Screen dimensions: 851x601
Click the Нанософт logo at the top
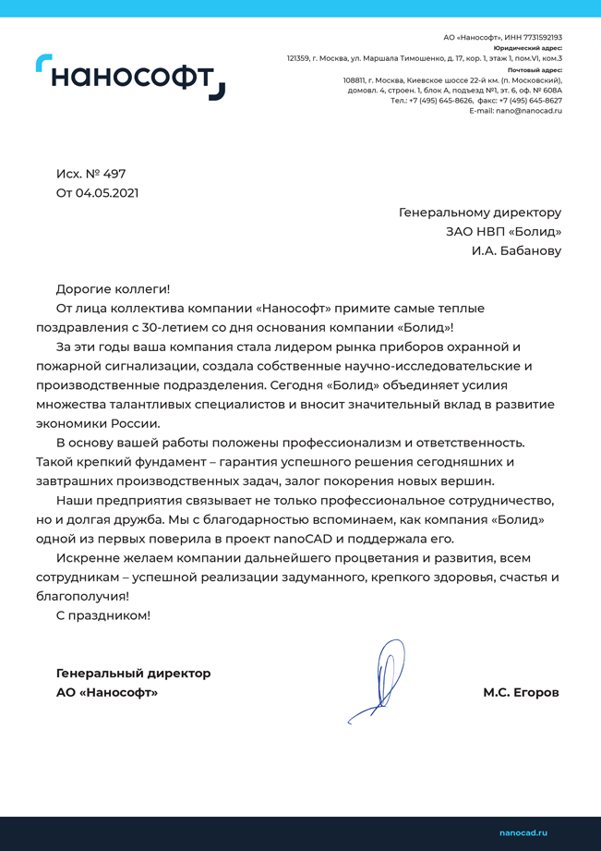tap(130, 77)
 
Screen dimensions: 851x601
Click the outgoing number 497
tap(114, 174)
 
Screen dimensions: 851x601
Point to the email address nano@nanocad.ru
tap(529, 111)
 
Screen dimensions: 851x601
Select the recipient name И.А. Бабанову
tap(516, 250)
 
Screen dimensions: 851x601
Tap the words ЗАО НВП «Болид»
tap(503, 231)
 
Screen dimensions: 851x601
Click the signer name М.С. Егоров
tap(521, 692)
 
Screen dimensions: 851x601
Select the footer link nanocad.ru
tap(523, 833)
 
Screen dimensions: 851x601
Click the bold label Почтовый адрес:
tap(535, 69)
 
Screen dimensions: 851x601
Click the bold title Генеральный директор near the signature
tap(133, 673)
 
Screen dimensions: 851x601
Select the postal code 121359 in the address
tap(298, 58)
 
